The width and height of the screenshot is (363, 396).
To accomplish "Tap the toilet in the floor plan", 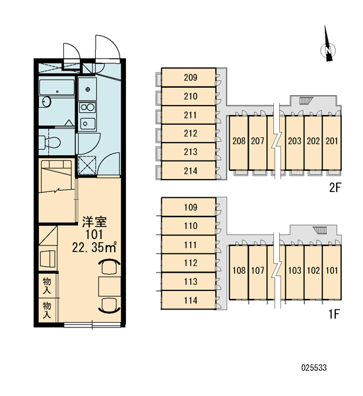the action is (50, 142).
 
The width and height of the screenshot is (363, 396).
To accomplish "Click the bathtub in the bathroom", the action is (57, 87).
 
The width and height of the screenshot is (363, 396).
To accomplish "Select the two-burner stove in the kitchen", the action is (87, 108).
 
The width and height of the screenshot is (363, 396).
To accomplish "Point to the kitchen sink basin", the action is (87, 124).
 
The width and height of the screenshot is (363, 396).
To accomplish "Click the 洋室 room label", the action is (94, 222).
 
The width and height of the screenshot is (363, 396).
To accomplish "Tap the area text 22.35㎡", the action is (94, 247).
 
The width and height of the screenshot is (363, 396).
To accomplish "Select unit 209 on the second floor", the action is (189, 77).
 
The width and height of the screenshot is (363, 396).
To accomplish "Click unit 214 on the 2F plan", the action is (189, 170).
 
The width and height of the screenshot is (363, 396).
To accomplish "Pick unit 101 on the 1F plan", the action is (332, 272).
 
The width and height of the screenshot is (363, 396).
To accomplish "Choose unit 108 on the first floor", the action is (239, 272).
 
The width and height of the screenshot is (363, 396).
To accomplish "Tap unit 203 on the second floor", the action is (294, 143).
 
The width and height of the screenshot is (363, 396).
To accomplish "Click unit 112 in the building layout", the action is (189, 263).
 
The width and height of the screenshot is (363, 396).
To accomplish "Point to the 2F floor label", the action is (335, 187).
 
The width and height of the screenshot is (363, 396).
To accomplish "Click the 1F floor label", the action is (334, 314).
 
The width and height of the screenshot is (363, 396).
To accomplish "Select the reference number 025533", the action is (313, 368).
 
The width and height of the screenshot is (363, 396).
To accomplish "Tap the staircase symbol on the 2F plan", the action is (306, 100).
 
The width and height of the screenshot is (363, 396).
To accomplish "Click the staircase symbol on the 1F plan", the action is (320, 230).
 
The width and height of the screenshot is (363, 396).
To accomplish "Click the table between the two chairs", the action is (110, 286).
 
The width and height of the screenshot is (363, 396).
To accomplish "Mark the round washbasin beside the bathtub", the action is (46, 102).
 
